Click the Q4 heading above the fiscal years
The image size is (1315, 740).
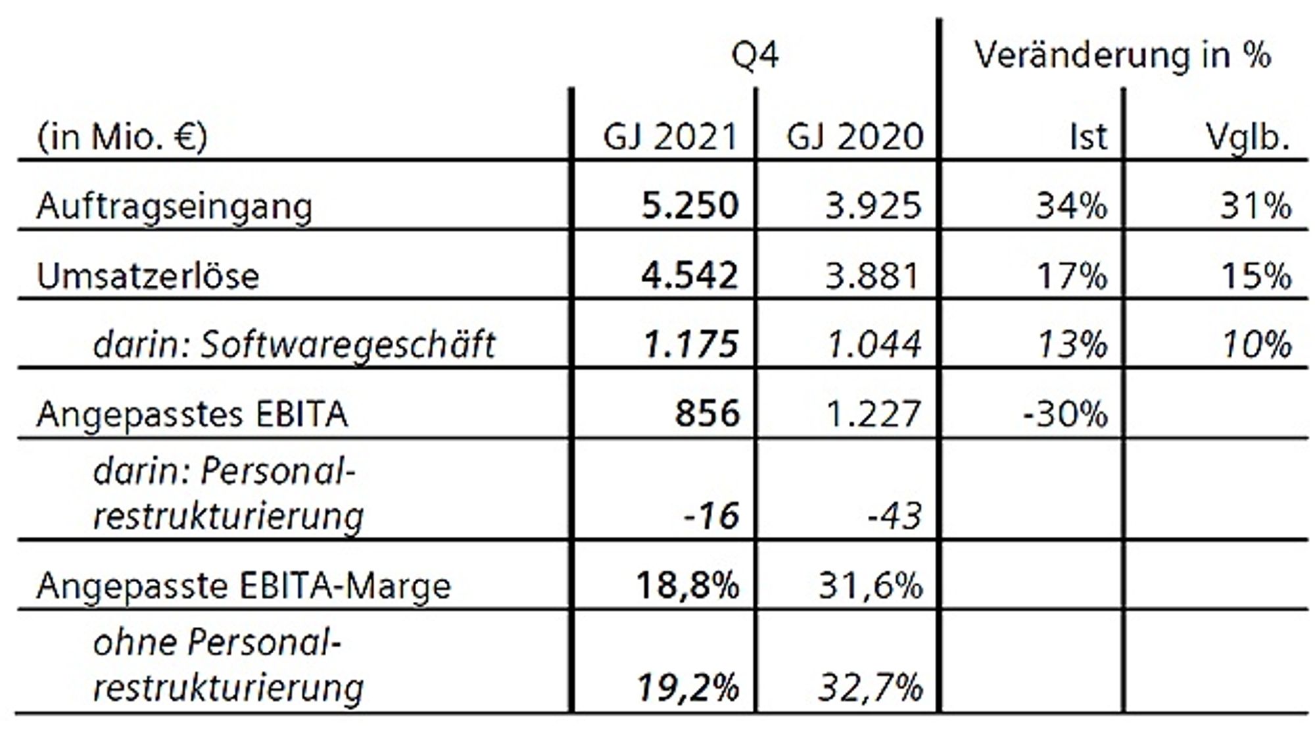pyautogui.click(x=755, y=56)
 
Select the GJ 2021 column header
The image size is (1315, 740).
pyautogui.click(x=671, y=137)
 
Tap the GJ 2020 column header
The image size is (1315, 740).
pyautogui.click(x=855, y=137)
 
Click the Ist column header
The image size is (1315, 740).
pyautogui.click(x=1089, y=137)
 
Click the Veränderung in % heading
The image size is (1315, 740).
pyautogui.click(x=1123, y=55)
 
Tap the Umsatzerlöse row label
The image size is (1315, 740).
pyautogui.click(x=148, y=276)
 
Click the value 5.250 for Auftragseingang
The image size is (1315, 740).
pyautogui.click(x=690, y=206)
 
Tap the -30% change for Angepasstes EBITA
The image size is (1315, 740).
pyautogui.click(x=1065, y=414)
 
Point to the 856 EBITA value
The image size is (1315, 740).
pyautogui.click(x=707, y=414)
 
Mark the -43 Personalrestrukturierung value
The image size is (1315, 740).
pyautogui.click(x=896, y=516)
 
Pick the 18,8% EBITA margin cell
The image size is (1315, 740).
pyautogui.click(x=688, y=585)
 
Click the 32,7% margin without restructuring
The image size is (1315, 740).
pyautogui.click(x=871, y=688)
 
